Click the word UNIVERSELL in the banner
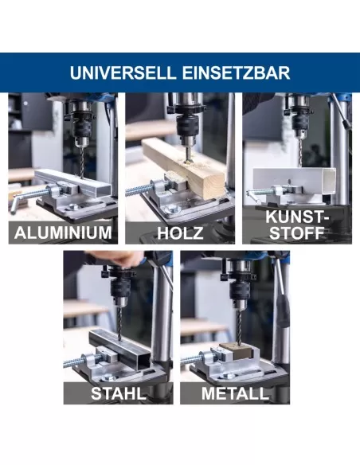click(123, 72)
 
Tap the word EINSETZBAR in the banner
click(236, 72)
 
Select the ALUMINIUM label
click(63, 232)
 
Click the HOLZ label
click(180, 232)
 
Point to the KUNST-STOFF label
click(297, 225)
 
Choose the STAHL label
click(119, 393)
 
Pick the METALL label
click(235, 393)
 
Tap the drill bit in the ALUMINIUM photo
click(82, 162)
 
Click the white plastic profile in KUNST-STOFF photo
click(295, 182)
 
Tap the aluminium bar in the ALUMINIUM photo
click(72, 182)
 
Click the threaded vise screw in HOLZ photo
click(139, 190)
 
